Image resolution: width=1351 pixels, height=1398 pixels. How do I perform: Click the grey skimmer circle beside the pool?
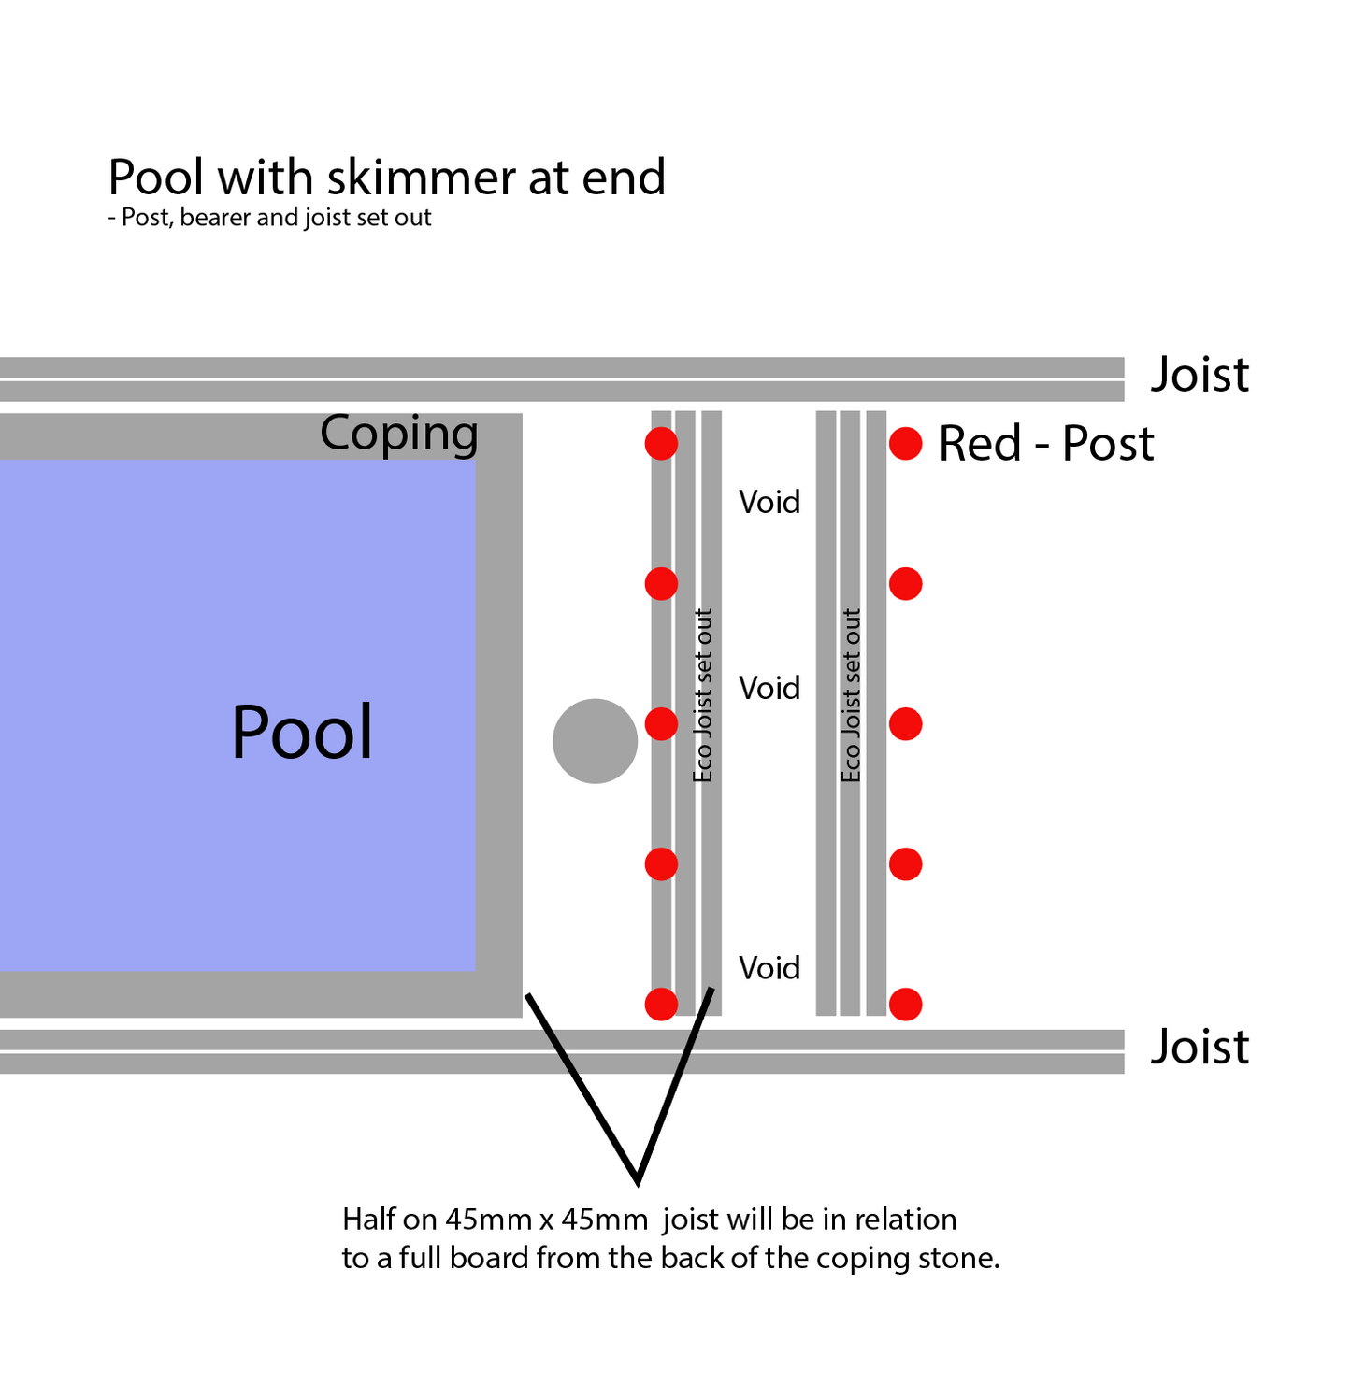595,741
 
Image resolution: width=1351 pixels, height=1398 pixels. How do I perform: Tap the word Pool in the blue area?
302,733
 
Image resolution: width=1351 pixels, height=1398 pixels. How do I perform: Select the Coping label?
399,434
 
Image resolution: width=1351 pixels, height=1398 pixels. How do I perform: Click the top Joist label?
1200,375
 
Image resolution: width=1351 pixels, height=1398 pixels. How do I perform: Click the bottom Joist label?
1200,1047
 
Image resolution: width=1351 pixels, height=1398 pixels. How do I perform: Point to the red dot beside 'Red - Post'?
905,444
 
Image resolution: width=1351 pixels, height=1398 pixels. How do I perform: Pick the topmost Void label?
769,503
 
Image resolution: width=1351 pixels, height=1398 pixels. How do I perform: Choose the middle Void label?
769,689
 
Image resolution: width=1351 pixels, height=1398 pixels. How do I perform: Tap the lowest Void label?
769,968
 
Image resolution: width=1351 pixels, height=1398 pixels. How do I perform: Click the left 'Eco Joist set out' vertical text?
703,696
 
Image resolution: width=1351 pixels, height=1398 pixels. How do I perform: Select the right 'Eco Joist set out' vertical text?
851,696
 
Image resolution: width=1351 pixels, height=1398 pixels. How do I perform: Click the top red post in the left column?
661,444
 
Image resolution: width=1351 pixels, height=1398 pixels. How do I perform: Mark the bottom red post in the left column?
661,1005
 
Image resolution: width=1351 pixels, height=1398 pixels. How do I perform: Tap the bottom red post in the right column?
905,1005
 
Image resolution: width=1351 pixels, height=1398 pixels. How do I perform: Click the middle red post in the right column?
905,724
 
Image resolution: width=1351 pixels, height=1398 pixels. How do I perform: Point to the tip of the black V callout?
638,1181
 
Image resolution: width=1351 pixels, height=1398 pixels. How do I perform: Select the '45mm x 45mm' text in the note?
546,1220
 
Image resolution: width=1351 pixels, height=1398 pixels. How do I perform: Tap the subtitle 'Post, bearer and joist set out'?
276,218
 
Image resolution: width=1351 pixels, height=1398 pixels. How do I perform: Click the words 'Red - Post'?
1046,444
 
